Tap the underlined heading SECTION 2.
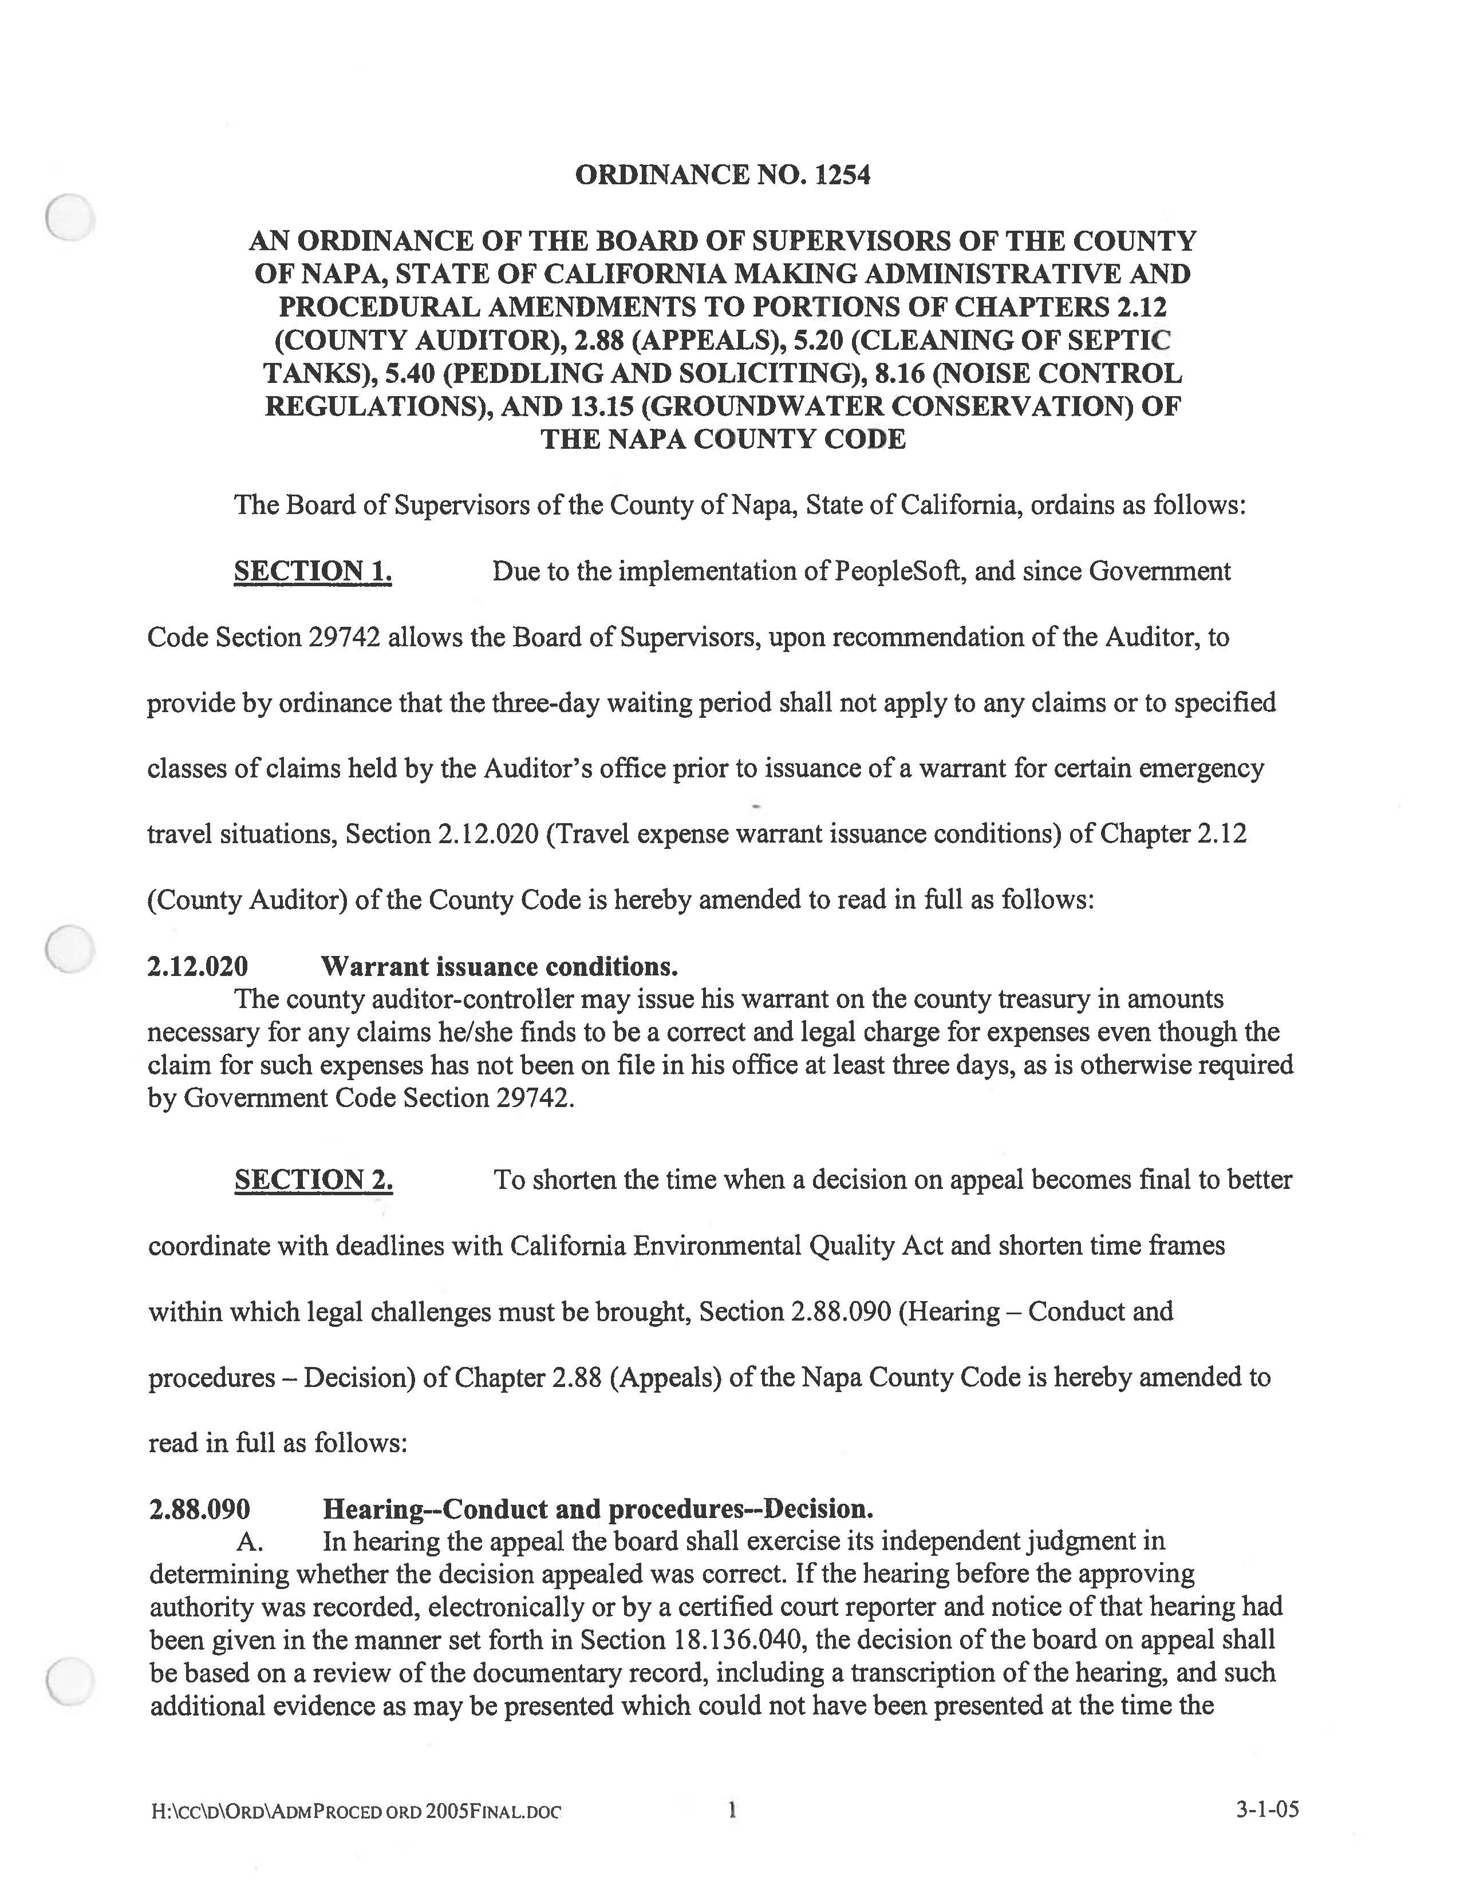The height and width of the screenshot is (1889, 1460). click(313, 1180)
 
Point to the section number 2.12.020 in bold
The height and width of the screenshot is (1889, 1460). click(198, 966)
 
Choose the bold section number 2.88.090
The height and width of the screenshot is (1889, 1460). click(200, 1509)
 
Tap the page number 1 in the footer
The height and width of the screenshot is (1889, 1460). click(732, 1809)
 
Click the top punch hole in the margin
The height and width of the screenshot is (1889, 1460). click(69, 217)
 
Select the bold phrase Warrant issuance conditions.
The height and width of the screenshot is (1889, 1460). click(499, 966)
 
